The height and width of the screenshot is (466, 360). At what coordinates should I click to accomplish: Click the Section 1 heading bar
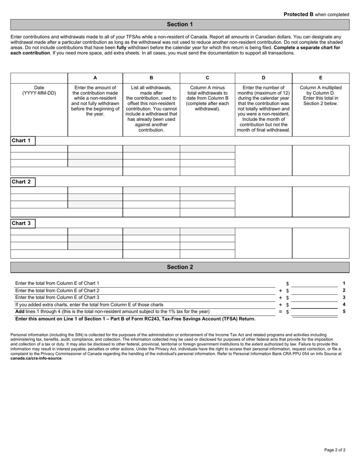coord(180,25)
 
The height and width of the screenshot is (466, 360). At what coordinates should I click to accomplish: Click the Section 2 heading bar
coord(180,267)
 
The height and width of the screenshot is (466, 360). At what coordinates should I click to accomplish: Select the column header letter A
coord(95,78)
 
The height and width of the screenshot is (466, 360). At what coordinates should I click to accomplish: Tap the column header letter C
coord(207,78)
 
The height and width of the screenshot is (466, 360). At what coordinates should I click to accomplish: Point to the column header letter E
coord(321,78)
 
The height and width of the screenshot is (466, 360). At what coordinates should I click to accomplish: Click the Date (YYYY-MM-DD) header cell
coord(39,90)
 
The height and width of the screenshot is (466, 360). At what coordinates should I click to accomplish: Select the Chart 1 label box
coord(23,141)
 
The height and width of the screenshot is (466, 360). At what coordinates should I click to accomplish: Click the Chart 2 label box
coord(23,182)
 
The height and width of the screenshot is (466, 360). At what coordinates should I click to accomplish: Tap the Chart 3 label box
coord(23,223)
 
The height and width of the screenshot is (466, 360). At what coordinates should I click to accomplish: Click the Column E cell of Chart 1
coord(321,160)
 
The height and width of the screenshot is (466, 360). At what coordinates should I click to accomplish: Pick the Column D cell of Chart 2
coord(263,202)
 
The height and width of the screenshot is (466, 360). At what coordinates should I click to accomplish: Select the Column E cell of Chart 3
coord(321,243)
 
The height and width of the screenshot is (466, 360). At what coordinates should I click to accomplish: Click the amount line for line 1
coord(314,284)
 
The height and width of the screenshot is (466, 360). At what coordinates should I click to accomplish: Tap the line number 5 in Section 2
coord(344,311)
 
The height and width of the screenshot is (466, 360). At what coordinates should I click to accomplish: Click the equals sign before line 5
coord(280,311)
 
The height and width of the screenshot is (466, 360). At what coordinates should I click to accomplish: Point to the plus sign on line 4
coord(280,305)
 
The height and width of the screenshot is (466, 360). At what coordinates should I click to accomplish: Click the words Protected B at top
coord(299,14)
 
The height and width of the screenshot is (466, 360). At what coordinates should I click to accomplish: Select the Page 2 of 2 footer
coord(335,450)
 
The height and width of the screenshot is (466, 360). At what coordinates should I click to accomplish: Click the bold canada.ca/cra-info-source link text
coord(36,358)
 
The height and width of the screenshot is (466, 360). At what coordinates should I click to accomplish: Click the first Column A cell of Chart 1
coord(95,149)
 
